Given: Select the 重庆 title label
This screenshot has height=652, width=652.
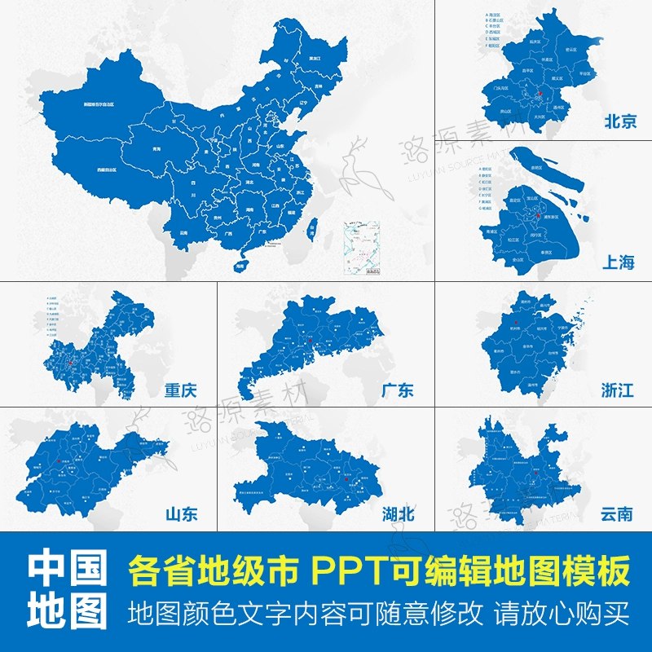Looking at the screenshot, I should click(179, 390).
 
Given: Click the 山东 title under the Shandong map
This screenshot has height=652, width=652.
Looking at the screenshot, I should click(181, 514).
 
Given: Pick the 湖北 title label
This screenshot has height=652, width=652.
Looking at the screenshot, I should click(398, 514).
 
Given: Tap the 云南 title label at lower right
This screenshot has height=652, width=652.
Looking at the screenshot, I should click(616, 514).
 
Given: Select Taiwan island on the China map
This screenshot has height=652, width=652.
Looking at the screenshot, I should click(311, 231).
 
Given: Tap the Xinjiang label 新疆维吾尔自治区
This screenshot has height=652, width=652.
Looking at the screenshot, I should click(99, 105).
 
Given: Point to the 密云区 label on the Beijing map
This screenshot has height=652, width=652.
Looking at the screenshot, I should click(572, 50).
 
